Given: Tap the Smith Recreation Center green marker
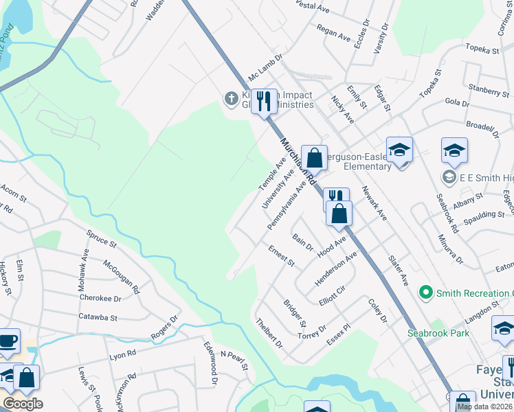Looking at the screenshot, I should pos(427,293).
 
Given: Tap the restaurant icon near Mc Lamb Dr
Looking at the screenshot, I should pos(264,102).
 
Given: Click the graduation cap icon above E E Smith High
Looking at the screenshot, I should pos(454,150).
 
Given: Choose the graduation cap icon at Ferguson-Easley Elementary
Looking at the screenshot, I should pos(399,149).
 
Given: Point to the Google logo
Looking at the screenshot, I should pos(23,403).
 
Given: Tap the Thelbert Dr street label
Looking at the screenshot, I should pos(269,333).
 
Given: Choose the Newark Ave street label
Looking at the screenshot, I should pos(375,204).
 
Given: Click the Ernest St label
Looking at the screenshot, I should pos(281,255).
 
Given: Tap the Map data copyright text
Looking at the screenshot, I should pos(484,407).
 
